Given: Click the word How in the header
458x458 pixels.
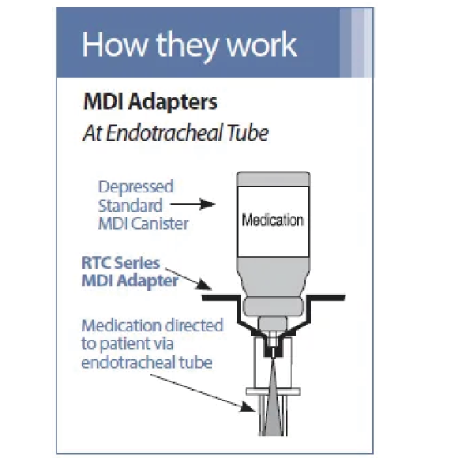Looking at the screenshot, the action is point(115,44).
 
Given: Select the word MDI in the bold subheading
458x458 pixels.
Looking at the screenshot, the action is point(104,102).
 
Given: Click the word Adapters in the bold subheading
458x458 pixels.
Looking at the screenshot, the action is point(173,102).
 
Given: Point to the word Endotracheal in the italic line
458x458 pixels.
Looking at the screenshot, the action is point(164,133).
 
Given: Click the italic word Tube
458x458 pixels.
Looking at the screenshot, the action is point(247,133).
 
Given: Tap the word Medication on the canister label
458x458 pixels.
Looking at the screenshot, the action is point(273,220).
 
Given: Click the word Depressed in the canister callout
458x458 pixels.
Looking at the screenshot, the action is point(136,187).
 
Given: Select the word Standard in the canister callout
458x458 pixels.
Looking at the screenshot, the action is point(130,206).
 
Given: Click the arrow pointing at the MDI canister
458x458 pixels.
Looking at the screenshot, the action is point(192,204).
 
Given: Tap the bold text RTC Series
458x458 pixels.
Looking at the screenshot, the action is point(121,262).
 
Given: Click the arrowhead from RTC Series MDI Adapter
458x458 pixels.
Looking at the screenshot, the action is point(203,284).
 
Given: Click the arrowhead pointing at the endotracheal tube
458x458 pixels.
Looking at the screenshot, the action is point(247,406).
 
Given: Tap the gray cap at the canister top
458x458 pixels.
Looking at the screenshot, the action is point(273,179).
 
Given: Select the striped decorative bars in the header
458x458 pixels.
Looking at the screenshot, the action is point(356,43).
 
